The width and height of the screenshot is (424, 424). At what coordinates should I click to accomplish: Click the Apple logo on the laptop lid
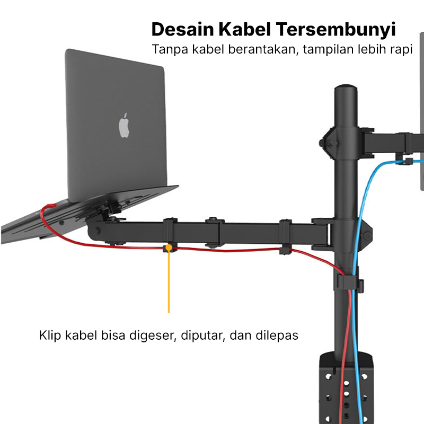coord(124,125)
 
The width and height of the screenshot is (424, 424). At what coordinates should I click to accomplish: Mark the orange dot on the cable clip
coord(169,247)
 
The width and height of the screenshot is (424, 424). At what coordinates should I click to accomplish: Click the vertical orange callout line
coord(169,281)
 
